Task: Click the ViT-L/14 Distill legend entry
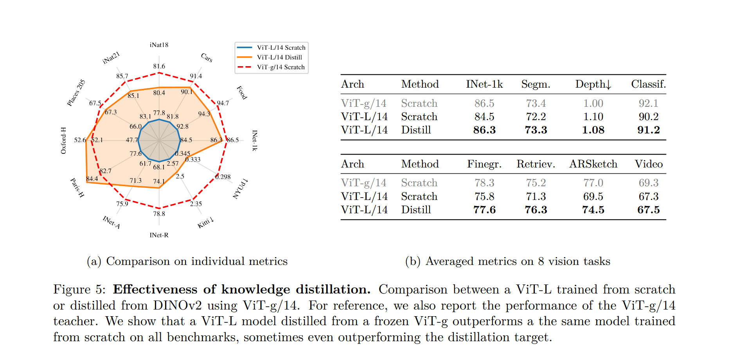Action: point(279,57)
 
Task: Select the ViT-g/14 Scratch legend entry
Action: point(280,67)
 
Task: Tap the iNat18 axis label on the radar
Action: point(159,45)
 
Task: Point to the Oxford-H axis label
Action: point(63,140)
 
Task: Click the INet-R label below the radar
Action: point(159,235)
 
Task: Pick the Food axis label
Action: point(242,93)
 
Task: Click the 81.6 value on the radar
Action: point(159,67)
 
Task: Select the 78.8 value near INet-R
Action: point(159,214)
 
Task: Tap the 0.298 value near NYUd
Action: point(223,177)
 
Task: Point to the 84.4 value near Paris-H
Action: point(92,179)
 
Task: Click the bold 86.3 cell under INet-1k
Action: point(484,130)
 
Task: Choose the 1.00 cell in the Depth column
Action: point(593,103)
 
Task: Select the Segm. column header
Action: point(536,84)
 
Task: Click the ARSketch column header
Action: point(593,164)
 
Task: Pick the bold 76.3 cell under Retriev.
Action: point(536,210)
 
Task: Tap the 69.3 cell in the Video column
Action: point(648,183)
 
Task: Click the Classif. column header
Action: point(648,84)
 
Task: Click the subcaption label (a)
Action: point(94,261)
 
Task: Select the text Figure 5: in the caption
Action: point(79,289)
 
